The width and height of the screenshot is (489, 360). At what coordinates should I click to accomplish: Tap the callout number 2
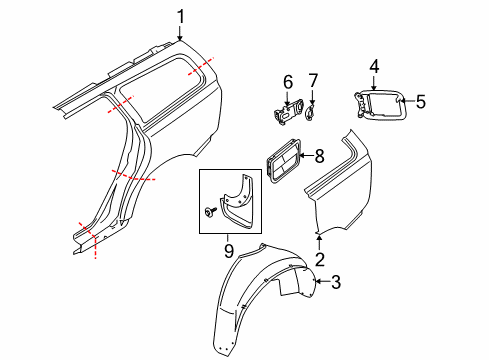320,260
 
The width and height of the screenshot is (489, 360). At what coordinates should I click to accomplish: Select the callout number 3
335,283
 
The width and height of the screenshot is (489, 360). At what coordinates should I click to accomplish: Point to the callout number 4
373,66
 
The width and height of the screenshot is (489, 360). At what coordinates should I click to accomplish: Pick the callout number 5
421,100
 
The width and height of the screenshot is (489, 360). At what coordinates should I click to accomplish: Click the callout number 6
286,81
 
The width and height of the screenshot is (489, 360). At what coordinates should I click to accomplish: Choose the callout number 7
312,81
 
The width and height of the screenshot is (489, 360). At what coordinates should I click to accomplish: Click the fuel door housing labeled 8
283,159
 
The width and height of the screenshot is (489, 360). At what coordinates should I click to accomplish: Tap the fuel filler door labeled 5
385,107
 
